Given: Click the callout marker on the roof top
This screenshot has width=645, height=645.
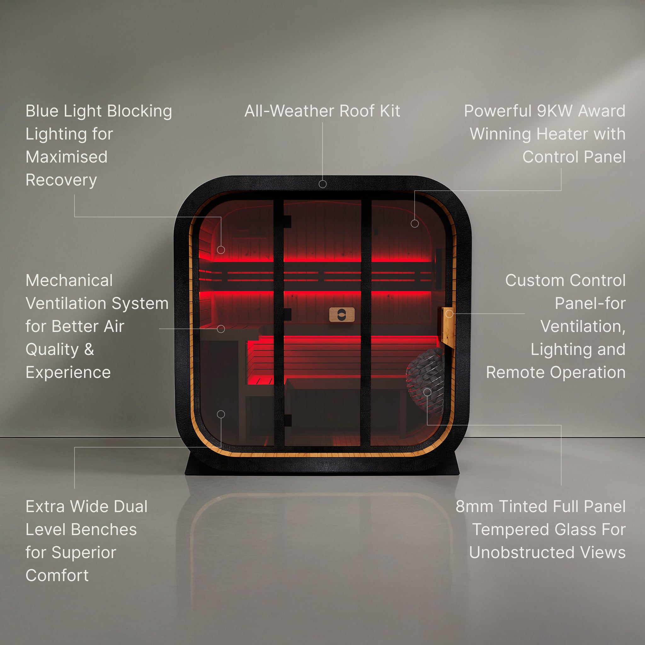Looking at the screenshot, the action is [322, 184].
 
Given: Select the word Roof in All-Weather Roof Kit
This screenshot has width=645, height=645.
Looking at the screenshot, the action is [357, 111].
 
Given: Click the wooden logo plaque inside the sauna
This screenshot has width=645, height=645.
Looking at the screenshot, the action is [342, 315].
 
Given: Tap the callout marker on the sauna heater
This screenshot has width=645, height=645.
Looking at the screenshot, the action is [427, 392].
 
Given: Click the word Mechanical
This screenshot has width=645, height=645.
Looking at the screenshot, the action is [69, 280].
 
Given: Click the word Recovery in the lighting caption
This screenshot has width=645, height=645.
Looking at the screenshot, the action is [61, 180].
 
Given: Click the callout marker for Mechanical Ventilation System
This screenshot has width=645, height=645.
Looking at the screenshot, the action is [221, 329].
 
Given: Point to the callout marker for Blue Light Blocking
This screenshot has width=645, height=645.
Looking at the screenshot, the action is [221, 249].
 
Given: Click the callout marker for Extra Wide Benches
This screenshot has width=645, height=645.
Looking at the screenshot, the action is [221, 414].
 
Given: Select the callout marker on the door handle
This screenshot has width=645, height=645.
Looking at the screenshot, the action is [449, 313].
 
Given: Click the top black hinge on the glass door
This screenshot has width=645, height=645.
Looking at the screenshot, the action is [287, 222].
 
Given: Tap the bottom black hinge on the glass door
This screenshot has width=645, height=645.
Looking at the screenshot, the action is [287, 420].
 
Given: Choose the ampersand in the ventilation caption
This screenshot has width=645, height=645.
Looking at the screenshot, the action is [89, 350].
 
